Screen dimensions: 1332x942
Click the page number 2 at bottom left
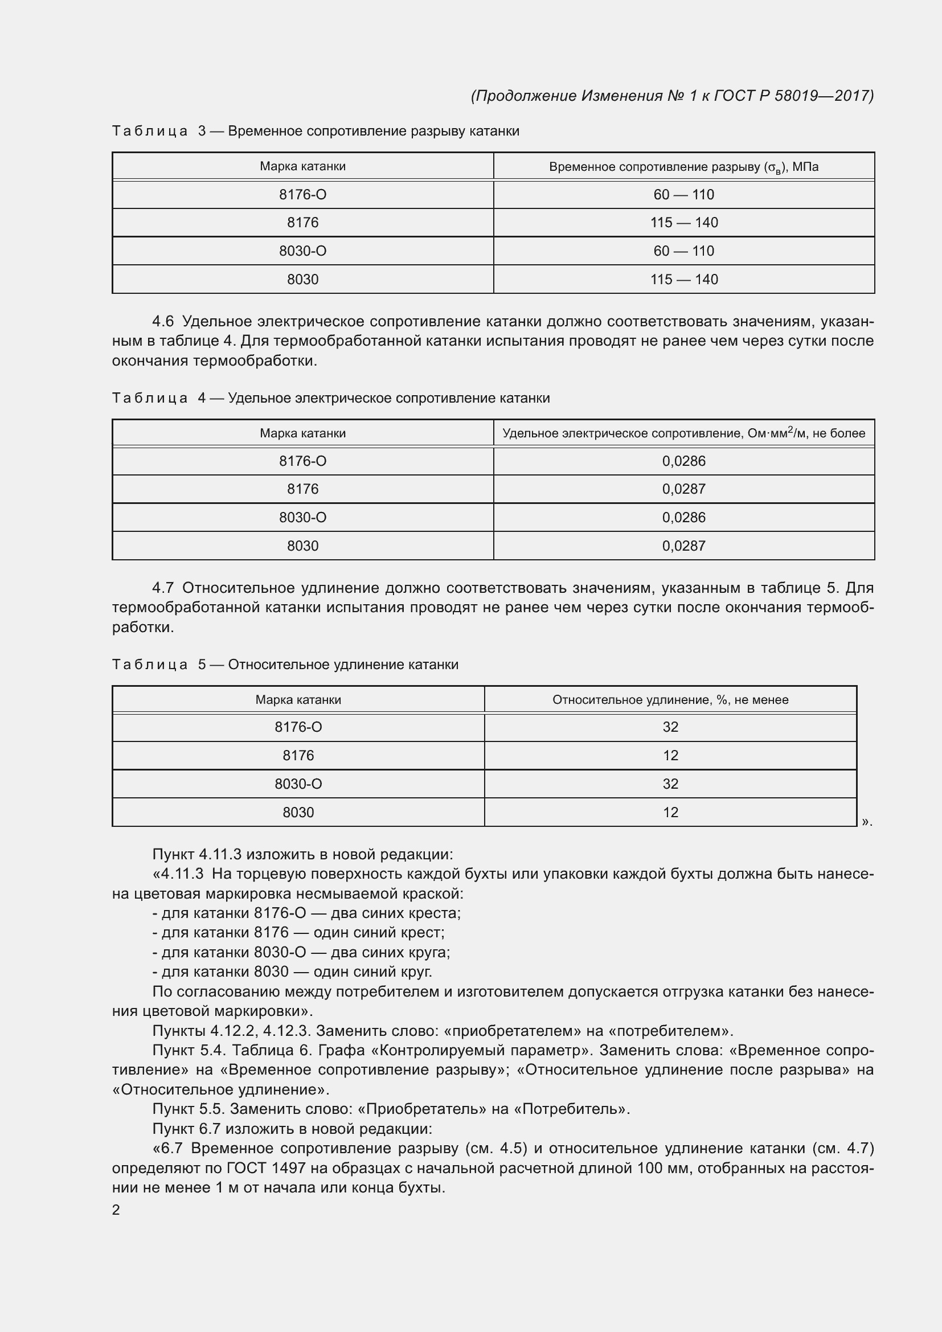tap(116, 1210)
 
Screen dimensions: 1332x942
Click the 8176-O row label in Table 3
tap(302, 195)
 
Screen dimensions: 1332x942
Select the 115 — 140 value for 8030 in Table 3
tap(684, 280)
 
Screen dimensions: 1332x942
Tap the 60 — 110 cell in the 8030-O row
tap(684, 251)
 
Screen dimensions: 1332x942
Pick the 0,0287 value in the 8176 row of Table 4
tap(684, 489)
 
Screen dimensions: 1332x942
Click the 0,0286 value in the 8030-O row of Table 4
tap(684, 518)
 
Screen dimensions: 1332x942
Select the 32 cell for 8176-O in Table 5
tap(670, 727)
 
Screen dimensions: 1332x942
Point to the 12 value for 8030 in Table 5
tap(670, 812)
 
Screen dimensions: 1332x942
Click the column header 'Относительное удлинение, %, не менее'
tap(670, 700)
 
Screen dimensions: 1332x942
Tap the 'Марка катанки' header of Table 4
tap(302, 433)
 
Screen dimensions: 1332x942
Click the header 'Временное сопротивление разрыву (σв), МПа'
tap(684, 167)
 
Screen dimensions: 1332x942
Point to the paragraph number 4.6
tap(163, 321)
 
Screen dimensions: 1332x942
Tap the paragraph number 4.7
tap(163, 588)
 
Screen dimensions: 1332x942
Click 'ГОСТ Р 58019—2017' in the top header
tap(792, 96)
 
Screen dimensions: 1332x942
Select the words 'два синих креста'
tap(395, 913)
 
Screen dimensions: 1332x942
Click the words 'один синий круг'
tap(372, 972)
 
